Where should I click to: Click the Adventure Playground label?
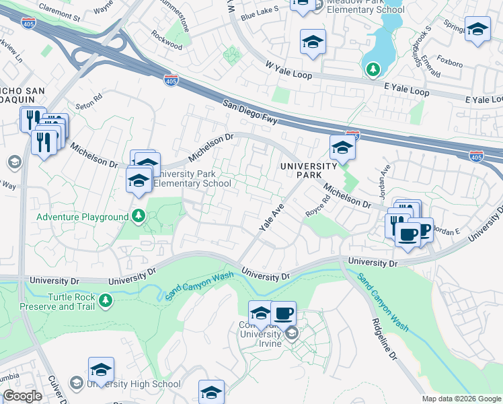[82, 217]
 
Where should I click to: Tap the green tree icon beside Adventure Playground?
[138, 216]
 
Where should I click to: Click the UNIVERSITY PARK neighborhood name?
[309, 170]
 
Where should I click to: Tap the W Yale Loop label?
[288, 70]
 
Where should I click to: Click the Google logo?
[23, 396]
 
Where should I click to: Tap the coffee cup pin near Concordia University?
[283, 313]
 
